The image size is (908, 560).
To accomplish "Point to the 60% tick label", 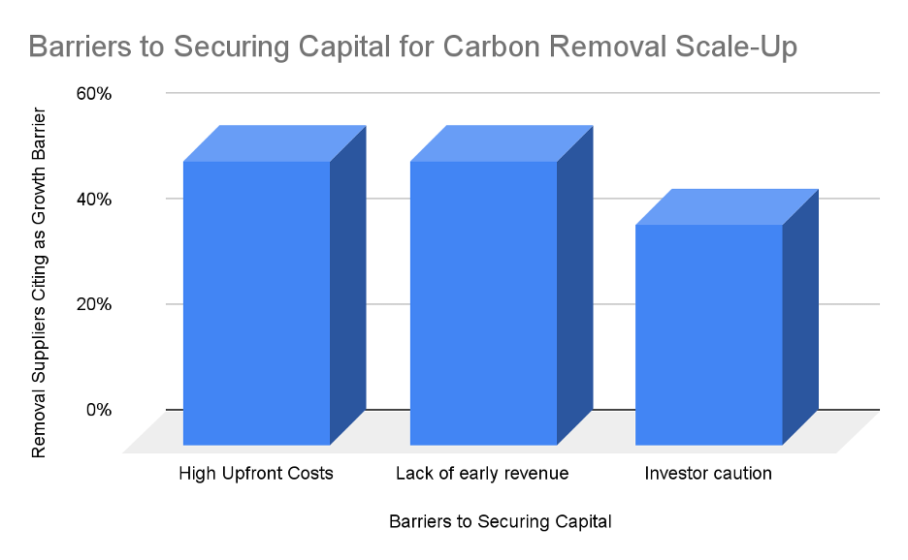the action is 94,94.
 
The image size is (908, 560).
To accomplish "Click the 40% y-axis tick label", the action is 94,200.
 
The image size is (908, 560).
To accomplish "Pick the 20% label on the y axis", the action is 94,304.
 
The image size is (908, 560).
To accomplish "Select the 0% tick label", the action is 98,410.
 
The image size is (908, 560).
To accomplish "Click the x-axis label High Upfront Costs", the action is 256,473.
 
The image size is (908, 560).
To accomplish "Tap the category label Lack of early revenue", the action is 482,473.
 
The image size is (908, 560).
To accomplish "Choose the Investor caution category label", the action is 708,473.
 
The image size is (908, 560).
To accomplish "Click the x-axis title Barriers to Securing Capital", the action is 501,521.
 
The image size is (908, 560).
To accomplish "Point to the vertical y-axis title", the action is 38,282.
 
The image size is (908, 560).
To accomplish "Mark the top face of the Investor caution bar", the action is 727,206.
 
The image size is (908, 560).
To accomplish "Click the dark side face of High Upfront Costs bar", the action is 348,285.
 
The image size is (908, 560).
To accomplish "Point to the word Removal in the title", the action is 607,47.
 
